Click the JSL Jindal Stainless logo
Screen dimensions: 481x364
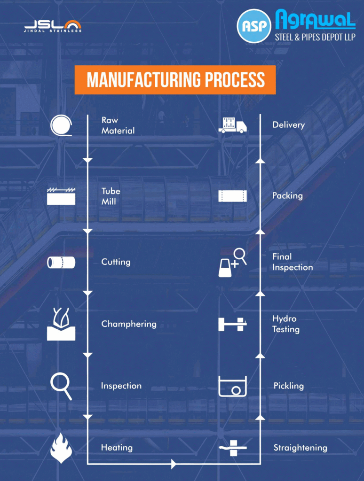click(53, 26)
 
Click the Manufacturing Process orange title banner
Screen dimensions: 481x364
click(175, 80)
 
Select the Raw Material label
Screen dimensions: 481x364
click(118, 125)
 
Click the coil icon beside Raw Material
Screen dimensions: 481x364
click(62, 125)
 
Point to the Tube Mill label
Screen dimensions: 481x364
click(111, 196)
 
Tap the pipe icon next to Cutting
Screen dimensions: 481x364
click(61, 262)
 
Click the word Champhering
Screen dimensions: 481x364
click(129, 324)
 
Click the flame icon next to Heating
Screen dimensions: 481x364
click(61, 448)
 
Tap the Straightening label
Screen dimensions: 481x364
click(300, 448)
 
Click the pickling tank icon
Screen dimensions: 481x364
click(232, 387)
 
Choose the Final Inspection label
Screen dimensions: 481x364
click(292, 262)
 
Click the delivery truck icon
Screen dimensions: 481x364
click(232, 125)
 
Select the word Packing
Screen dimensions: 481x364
click(287, 195)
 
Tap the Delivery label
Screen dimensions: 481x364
click(288, 125)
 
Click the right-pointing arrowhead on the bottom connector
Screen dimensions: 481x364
click(174, 464)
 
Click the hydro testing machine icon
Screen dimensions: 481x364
click(232, 324)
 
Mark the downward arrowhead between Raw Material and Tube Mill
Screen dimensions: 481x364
click(87, 162)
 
